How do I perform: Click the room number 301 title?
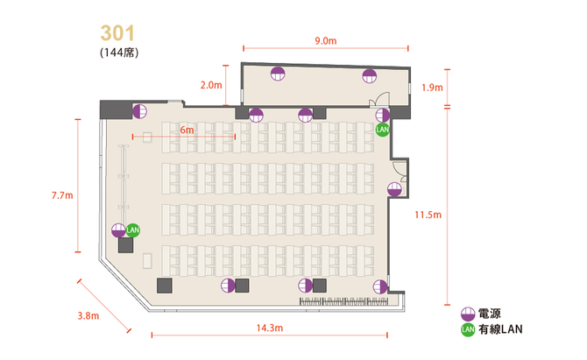click(x=117, y=33)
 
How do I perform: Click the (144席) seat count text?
click(x=119, y=53)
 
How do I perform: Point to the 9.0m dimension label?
click(x=326, y=41)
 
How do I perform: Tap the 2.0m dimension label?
click(x=211, y=85)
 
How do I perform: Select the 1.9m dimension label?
click(x=432, y=88)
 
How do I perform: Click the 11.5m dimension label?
click(x=428, y=215)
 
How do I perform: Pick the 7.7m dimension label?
click(x=62, y=195)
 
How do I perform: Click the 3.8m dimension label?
click(x=88, y=316)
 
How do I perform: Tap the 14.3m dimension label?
click(x=270, y=328)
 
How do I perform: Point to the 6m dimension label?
click(x=187, y=130)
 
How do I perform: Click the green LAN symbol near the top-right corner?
click(x=382, y=130)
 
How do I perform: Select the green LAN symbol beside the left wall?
click(x=133, y=230)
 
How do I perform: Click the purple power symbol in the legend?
click(x=468, y=314)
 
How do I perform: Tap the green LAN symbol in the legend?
click(x=468, y=329)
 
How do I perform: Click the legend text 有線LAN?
click(x=500, y=329)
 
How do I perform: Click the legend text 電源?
click(x=489, y=314)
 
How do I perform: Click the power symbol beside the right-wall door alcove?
click(x=394, y=189)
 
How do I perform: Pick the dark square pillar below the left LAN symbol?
click(x=126, y=245)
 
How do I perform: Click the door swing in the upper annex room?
click(x=380, y=99)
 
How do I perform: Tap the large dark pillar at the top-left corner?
click(x=116, y=109)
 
